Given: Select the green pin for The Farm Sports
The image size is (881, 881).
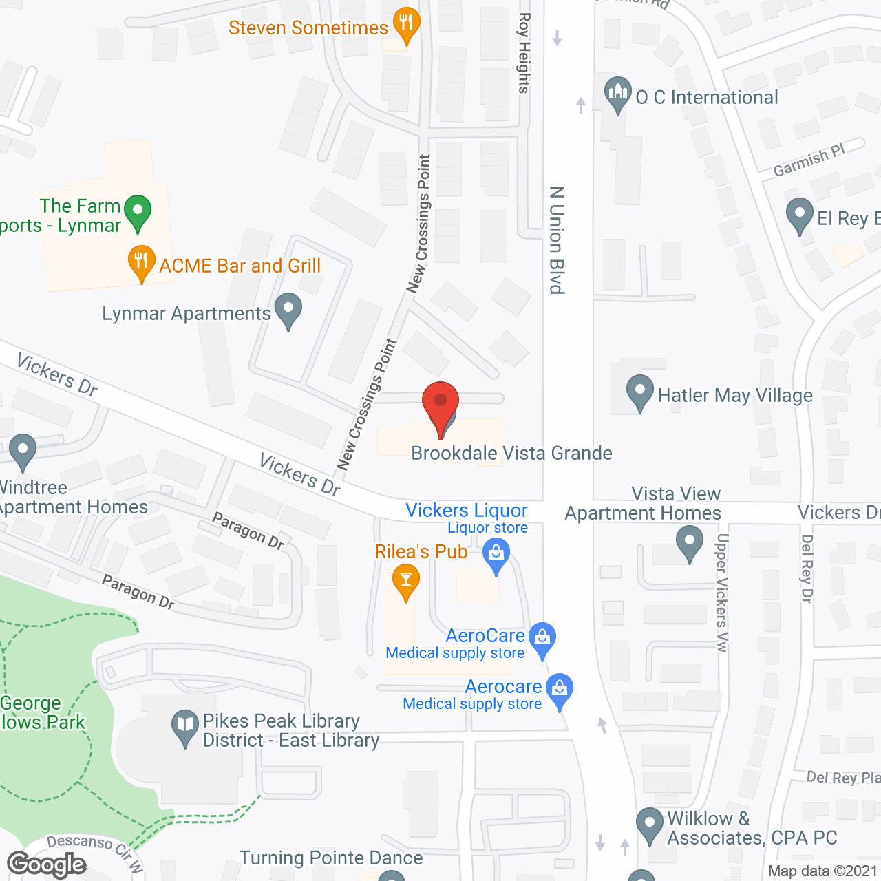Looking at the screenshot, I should point(138,211).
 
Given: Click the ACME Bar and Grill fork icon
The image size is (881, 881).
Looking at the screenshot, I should point(141,262).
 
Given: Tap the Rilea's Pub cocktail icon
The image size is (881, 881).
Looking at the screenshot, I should point(406,581).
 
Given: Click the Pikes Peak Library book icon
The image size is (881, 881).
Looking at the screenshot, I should point(184,726).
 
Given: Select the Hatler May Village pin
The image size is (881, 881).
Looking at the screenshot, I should point(640,392).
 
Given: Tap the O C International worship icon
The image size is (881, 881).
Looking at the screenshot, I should point(617,94).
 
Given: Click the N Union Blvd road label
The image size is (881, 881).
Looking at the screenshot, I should point(557,240).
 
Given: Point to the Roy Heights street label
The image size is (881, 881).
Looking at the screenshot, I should point(524,53).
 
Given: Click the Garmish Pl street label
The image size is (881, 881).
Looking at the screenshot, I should point(809,160).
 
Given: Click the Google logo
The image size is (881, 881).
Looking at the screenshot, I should point(47,864).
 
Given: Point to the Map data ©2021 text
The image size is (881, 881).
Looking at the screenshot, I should point(822,871).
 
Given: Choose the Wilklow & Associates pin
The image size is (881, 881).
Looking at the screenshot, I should point(649,824).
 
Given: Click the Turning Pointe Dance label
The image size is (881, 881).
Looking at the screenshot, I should point(331,858).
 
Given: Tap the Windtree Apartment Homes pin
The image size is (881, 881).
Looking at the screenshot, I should point(23,451).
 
